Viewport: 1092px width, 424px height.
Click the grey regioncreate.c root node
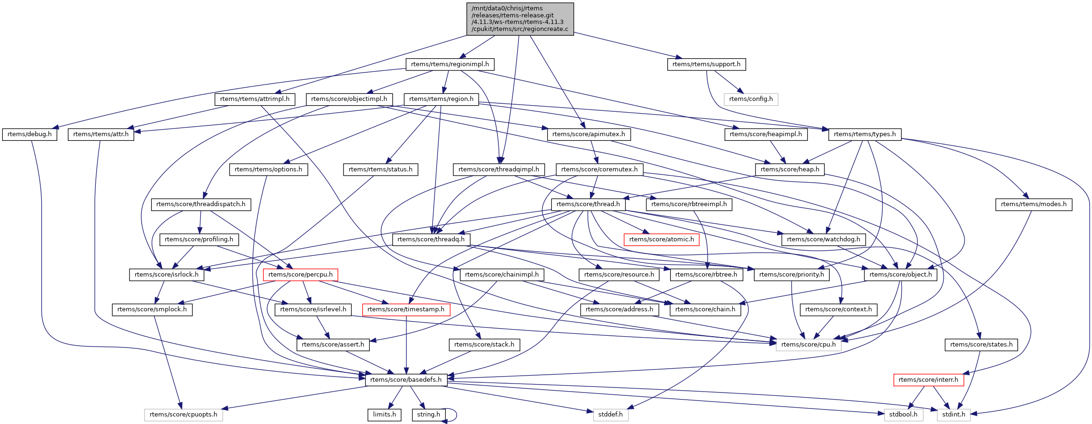coord(520,19)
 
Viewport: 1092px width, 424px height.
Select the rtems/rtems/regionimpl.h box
coord(450,64)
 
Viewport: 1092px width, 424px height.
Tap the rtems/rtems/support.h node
coord(706,64)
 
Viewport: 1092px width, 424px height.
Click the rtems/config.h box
coord(751,99)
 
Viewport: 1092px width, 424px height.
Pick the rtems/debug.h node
coord(30,134)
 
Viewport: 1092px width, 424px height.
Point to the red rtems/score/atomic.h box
coord(662,239)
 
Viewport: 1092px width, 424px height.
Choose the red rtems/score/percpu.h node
coord(300,275)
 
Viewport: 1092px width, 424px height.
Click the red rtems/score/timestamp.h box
coord(406,309)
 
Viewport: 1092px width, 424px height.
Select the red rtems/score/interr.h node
coord(928,380)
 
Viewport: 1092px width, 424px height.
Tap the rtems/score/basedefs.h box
coord(406,380)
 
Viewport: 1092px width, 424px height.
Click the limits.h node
coord(384,415)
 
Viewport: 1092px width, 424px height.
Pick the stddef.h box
coord(611,415)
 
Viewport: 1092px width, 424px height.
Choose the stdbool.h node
coord(903,415)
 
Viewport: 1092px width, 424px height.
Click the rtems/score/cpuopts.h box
coord(183,415)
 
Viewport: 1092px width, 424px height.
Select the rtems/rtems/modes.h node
coord(1033,204)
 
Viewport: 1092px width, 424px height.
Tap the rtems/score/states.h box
coord(981,345)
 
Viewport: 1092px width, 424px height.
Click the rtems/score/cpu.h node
coord(809,345)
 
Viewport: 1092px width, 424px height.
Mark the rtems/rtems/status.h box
coord(381,170)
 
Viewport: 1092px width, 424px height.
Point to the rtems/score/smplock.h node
coord(152,309)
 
